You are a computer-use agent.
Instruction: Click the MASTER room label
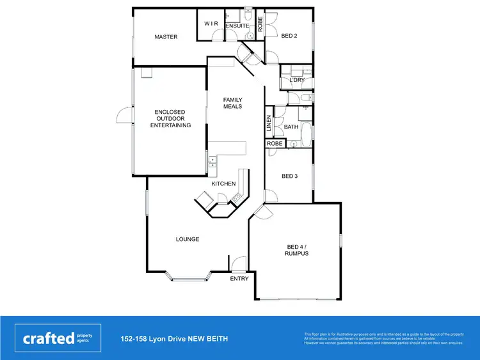(166, 37)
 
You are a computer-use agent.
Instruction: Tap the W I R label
(211, 23)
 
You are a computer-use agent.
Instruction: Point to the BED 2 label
(289, 36)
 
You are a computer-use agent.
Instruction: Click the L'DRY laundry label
(296, 80)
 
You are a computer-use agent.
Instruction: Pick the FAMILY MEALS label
(232, 103)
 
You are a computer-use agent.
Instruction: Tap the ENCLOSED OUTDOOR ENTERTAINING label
(170, 119)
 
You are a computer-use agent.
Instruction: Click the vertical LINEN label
(269, 124)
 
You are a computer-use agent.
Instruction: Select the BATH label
(291, 127)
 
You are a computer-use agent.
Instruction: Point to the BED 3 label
(289, 176)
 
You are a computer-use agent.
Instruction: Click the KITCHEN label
(224, 184)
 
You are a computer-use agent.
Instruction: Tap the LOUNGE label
(188, 239)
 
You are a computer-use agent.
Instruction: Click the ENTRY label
(239, 279)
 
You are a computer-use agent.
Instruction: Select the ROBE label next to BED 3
(275, 144)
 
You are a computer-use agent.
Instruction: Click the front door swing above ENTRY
(239, 263)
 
